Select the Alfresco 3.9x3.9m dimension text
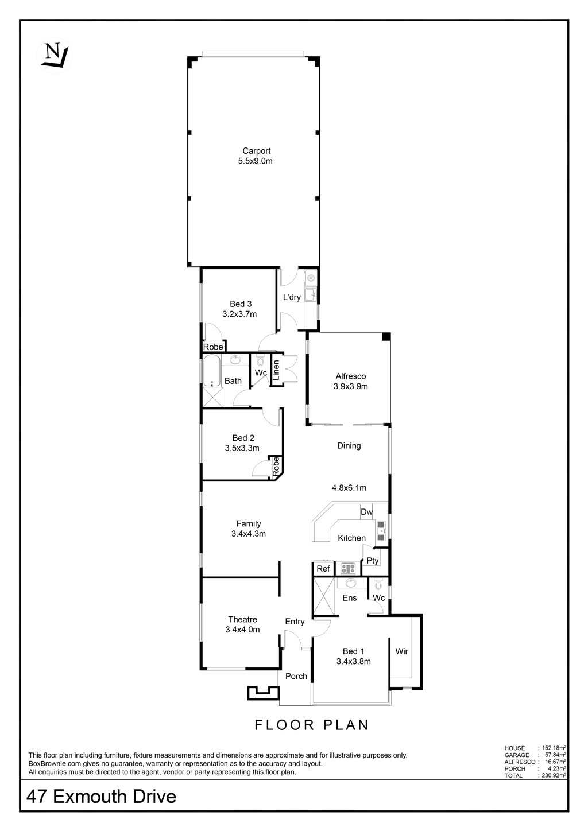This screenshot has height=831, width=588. [350, 386]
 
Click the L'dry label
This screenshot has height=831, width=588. [292, 297]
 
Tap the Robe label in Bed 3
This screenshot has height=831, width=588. [213, 347]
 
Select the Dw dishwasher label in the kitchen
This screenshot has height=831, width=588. [366, 512]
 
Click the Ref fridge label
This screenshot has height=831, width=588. [323, 568]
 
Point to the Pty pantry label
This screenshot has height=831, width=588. [373, 561]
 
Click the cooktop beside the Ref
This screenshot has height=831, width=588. [348, 568]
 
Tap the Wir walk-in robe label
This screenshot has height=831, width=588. [401, 651]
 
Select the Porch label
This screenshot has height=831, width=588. [296, 676]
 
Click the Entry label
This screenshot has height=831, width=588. [295, 622]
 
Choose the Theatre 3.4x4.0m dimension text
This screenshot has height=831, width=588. [242, 630]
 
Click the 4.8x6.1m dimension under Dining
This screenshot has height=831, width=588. [349, 488]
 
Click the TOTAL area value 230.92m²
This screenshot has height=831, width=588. [552, 775]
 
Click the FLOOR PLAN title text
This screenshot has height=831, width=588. [312, 725]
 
